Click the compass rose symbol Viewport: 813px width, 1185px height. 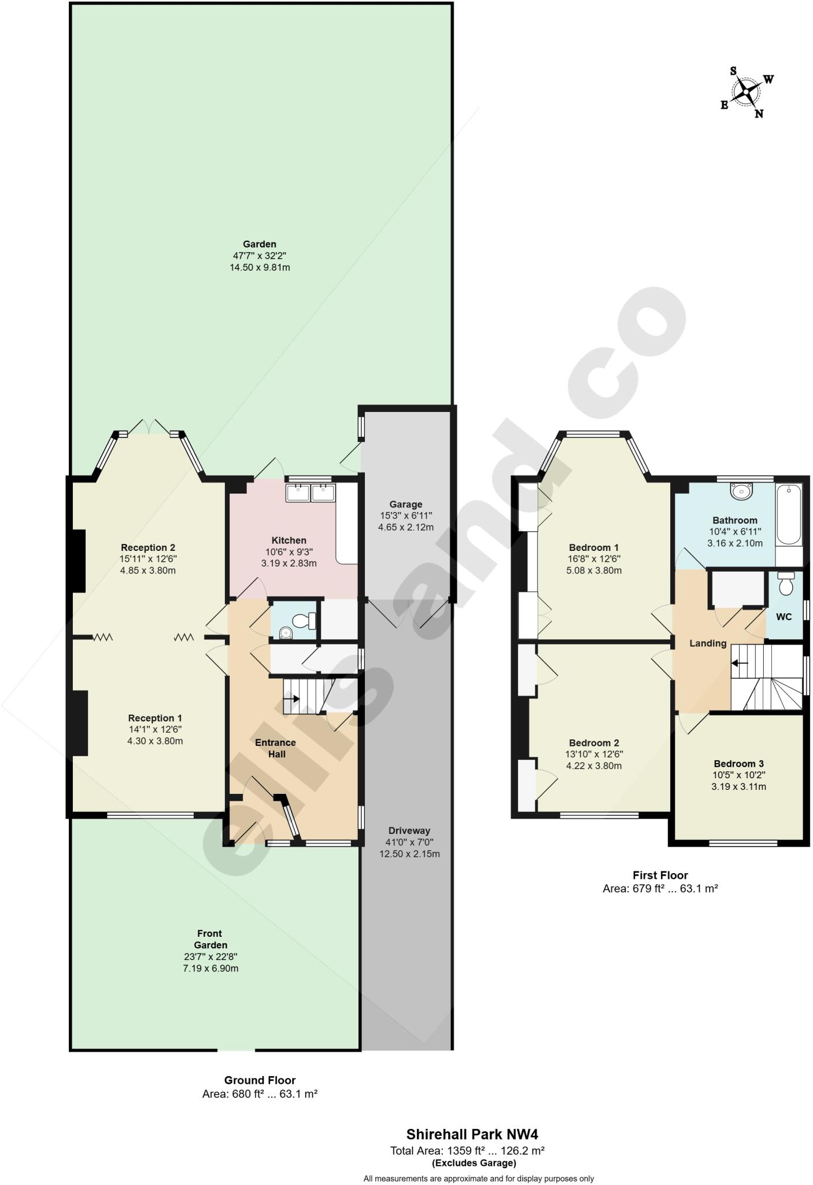(747, 91)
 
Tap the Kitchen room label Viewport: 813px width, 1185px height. (289, 540)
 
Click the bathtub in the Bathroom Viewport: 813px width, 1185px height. (789, 515)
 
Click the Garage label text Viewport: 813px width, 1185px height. (405, 504)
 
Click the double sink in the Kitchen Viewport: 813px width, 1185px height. (311, 493)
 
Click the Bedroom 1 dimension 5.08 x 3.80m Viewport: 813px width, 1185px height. (594, 571)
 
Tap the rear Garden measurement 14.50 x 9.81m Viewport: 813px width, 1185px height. (260, 267)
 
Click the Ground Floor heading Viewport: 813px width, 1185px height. (260, 1080)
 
